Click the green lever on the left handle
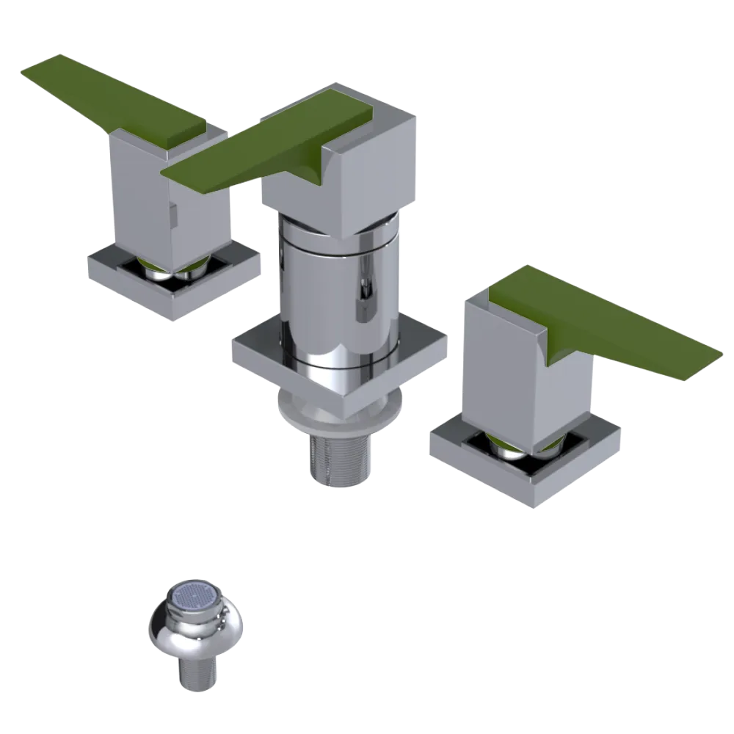click(x=110, y=95)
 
